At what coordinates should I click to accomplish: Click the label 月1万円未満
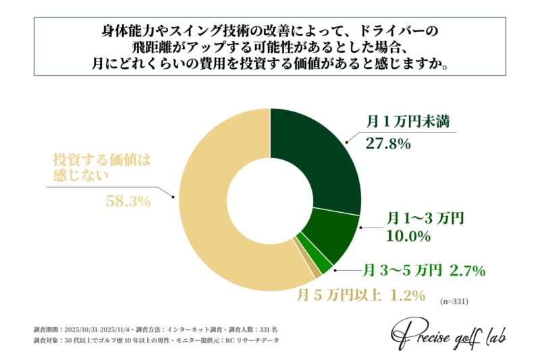[408, 122]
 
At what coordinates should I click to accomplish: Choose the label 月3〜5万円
[402, 271]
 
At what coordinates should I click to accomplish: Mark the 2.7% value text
[466, 271]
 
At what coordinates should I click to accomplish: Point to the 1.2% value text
[406, 295]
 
